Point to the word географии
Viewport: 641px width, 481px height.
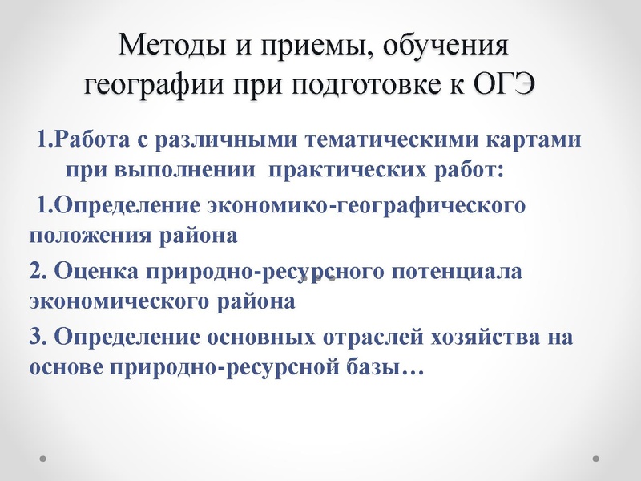151,83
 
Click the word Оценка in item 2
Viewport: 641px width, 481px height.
95,270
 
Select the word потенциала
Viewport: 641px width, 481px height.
455,270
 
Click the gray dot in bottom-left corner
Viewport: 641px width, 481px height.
43,459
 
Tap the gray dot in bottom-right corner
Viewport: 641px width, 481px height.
595,459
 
